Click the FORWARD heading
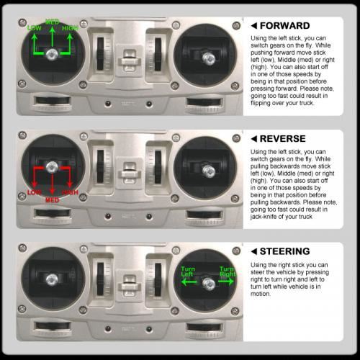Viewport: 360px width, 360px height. tap(285, 26)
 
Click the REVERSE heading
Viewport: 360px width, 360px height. tap(283, 139)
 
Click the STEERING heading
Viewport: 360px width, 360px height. tap(285, 251)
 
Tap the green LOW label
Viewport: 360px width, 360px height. tap(35, 28)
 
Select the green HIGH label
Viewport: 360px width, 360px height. tap(70, 28)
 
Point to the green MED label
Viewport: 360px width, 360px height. tap(52, 22)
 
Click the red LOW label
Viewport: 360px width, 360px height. tap(35, 192)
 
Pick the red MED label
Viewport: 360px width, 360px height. tap(53, 200)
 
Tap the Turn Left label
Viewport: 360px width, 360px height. tap(188, 271)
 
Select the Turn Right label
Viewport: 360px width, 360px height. tap(228, 271)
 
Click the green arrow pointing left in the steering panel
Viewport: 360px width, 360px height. tap(189, 282)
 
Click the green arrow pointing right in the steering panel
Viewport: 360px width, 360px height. tap(226, 282)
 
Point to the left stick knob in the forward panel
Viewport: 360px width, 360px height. tap(52, 54)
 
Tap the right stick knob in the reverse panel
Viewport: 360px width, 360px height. tap(209, 171)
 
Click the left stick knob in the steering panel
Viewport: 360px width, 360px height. tap(52, 279)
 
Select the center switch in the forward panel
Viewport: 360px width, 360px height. tap(130, 60)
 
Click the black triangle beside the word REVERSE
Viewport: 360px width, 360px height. tap(254, 139)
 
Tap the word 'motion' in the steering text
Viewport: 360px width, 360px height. tap(261, 294)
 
